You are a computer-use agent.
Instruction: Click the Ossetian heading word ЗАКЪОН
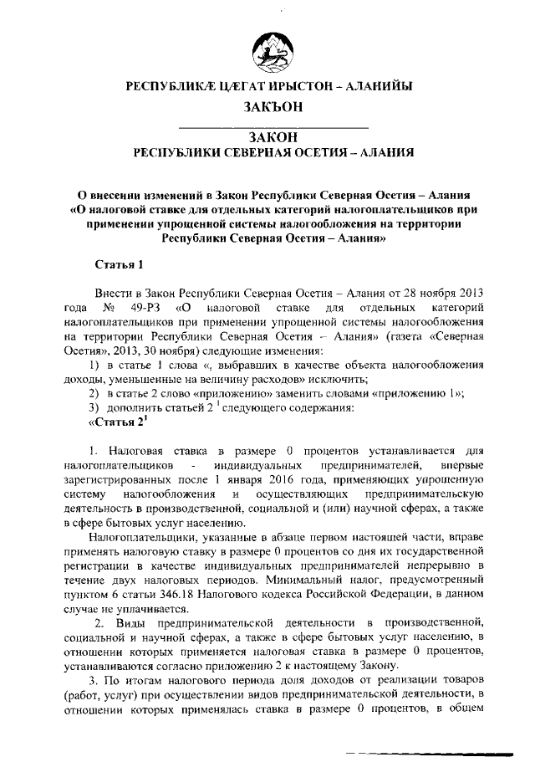click(x=273, y=106)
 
